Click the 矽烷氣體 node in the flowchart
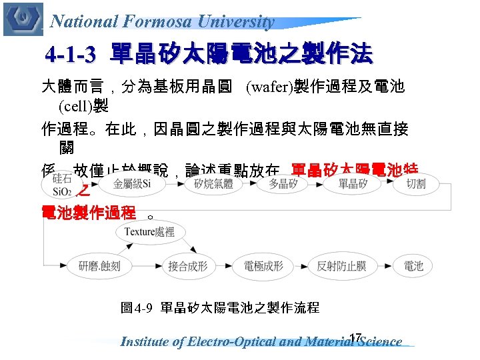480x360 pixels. [213, 183]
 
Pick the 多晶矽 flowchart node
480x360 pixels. [283, 183]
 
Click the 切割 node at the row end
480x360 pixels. [416, 183]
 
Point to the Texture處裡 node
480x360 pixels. [149, 232]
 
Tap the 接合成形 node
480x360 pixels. [187, 266]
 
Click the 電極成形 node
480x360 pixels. [263, 266]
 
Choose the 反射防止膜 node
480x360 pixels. [341, 266]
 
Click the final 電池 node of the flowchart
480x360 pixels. [413, 266]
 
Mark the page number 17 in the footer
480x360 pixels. [355, 337]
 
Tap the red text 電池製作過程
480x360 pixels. [89, 213]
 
